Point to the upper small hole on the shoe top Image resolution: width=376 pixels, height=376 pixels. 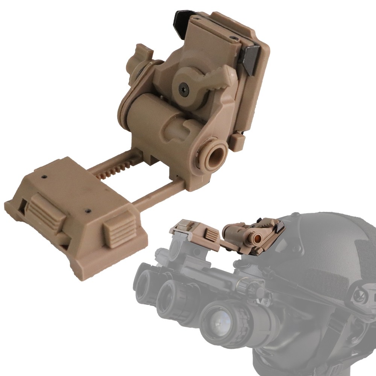(x=44, y=176)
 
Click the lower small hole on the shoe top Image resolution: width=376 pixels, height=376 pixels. (x=88, y=211)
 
